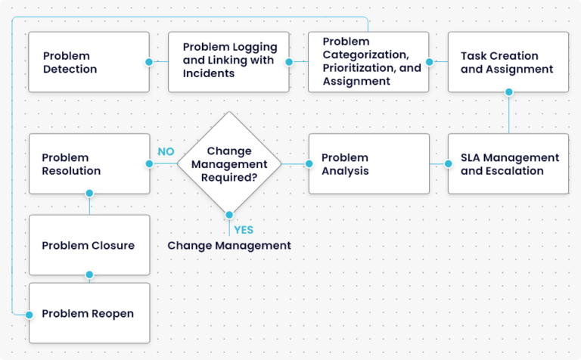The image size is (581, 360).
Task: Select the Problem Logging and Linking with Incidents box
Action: (x=228, y=62)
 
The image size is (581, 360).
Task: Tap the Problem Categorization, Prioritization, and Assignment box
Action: (x=368, y=62)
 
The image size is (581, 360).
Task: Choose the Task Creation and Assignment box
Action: (x=508, y=62)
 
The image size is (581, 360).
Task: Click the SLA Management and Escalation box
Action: (x=508, y=164)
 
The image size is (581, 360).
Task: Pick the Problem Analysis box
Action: (x=368, y=164)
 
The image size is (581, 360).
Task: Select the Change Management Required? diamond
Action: (x=228, y=163)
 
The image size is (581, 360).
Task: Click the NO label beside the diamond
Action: (x=166, y=151)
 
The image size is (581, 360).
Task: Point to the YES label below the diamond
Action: (x=244, y=229)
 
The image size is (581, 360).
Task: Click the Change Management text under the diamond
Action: (x=228, y=246)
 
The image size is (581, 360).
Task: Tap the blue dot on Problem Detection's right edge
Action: (x=149, y=62)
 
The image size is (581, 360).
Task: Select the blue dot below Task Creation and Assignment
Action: (x=508, y=92)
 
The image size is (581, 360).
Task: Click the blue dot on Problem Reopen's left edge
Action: (x=30, y=313)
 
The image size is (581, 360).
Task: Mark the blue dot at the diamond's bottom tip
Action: (x=228, y=215)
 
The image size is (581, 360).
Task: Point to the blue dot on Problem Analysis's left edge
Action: (x=309, y=164)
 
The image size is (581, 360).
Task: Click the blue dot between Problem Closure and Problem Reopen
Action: (x=89, y=275)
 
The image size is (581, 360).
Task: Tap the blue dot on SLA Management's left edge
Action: (x=448, y=164)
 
